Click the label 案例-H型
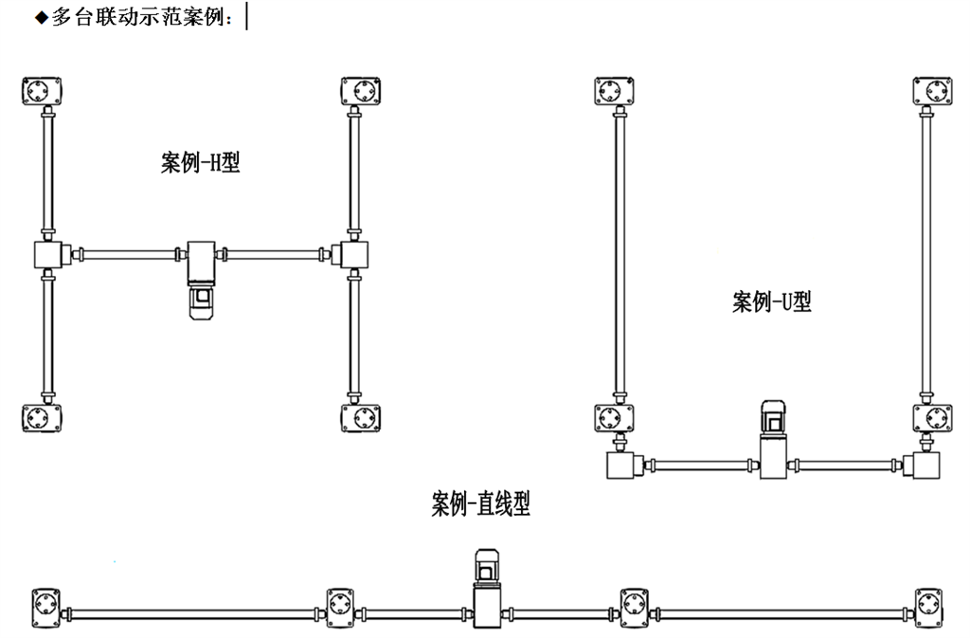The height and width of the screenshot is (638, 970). tap(199, 164)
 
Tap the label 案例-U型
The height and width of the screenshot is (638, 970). tap(771, 302)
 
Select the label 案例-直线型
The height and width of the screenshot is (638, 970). tap(480, 503)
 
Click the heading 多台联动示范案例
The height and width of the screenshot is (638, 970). tap(142, 17)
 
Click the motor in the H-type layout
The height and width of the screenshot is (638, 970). tap(202, 301)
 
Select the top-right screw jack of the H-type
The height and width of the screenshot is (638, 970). tap(360, 92)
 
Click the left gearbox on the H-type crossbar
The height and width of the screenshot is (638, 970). tap(46, 255)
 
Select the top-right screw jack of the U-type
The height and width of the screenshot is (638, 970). tap(932, 92)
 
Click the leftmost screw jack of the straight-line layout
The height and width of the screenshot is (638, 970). tap(46, 603)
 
